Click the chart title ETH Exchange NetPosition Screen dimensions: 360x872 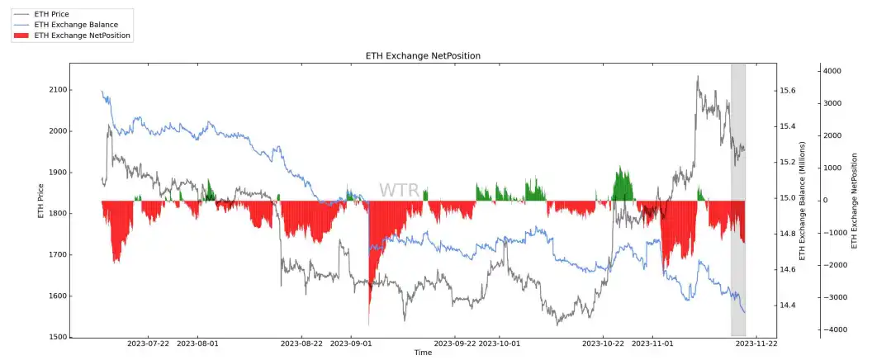pyautogui.click(x=423, y=56)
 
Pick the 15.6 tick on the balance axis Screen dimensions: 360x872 pyautogui.click(x=789, y=90)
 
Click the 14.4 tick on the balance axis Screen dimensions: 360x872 pyautogui.click(x=789, y=306)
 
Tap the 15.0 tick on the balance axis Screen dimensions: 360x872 pyautogui.click(x=789, y=198)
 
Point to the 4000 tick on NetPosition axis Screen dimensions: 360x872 pyautogui.click(x=830, y=72)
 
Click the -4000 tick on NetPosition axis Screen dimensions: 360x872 pyautogui.click(x=828, y=330)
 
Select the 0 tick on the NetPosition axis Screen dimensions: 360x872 pyautogui.click(x=826, y=201)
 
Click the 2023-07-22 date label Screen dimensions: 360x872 pyautogui.click(x=149, y=343)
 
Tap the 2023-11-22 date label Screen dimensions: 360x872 pyautogui.click(x=756, y=343)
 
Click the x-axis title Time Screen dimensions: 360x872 pyautogui.click(x=423, y=353)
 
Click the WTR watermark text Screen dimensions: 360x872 pyautogui.click(x=399, y=191)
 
